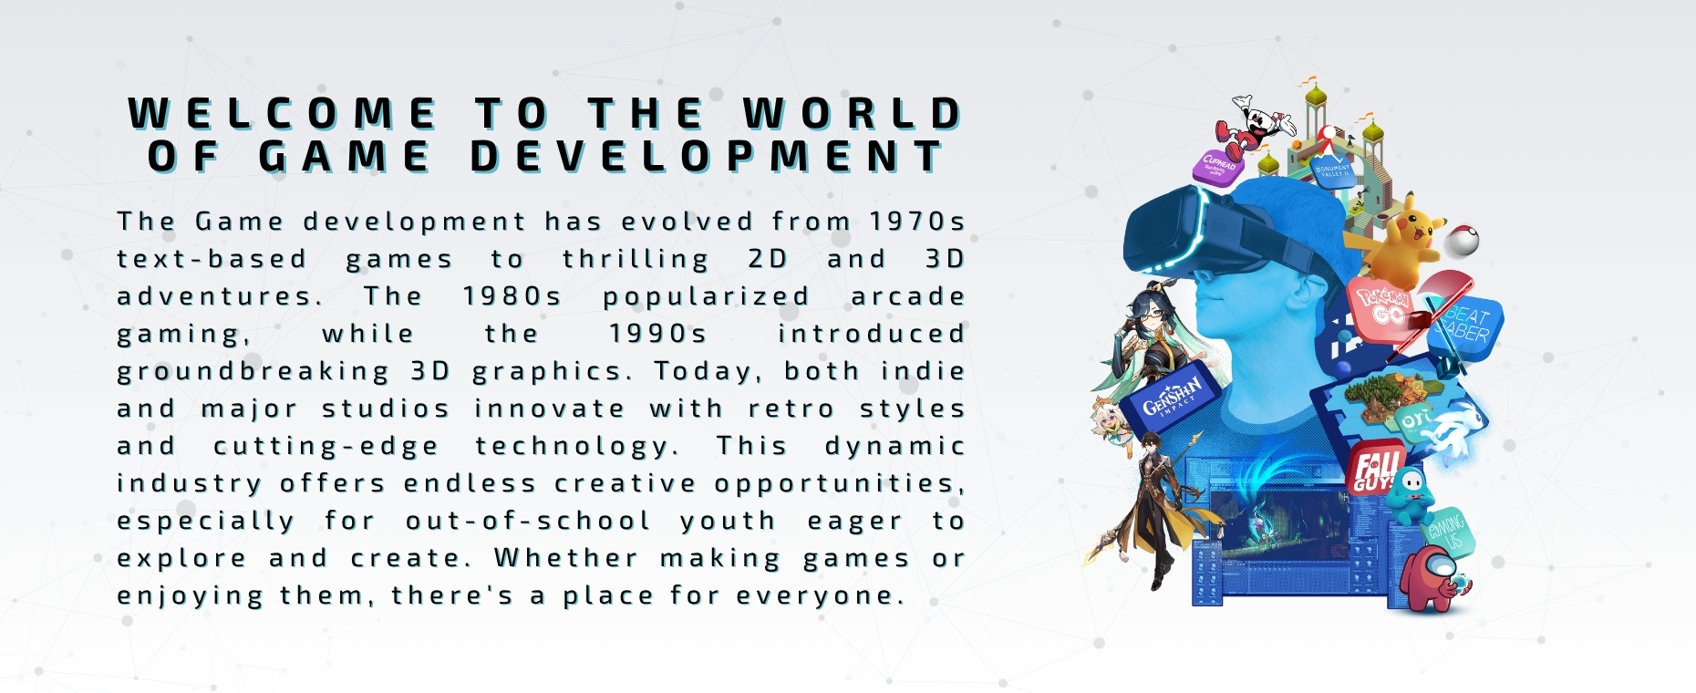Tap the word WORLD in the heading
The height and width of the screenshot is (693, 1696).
853,115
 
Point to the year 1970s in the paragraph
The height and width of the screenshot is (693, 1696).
916,222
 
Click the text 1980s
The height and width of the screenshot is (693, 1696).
512,296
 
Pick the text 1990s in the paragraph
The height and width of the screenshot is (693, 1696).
657,334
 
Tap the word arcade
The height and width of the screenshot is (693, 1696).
907,296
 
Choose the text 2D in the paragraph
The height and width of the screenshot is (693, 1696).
768,259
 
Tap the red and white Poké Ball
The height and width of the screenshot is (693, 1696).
1461,240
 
